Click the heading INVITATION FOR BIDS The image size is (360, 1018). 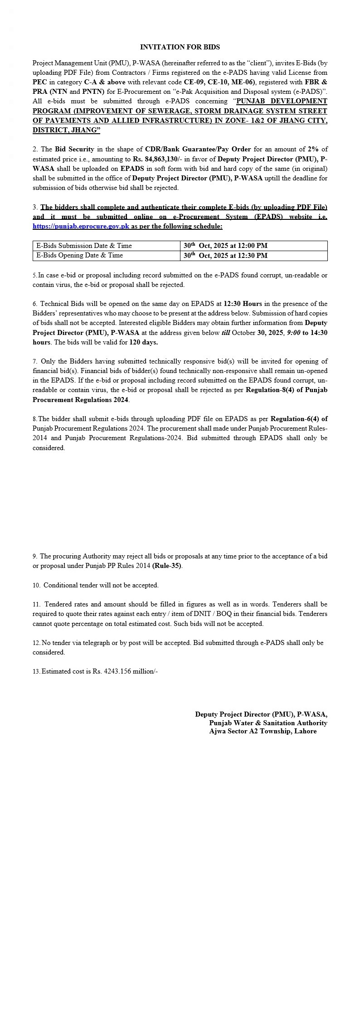[x=180, y=47]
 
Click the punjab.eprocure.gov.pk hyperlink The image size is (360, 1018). [x=81, y=226]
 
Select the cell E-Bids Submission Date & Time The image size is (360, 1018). [x=84, y=246]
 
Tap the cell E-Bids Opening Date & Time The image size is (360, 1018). [x=80, y=255]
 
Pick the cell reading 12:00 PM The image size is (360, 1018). [x=225, y=246]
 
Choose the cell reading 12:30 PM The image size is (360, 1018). [x=225, y=255]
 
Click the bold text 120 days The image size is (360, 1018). [x=143, y=342]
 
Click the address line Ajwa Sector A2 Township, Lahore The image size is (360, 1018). [x=263, y=731]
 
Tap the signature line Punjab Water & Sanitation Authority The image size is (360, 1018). [x=268, y=723]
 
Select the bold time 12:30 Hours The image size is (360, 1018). [x=243, y=304]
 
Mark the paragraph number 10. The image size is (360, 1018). [x=36, y=585]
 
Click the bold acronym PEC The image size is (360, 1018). [x=39, y=82]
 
